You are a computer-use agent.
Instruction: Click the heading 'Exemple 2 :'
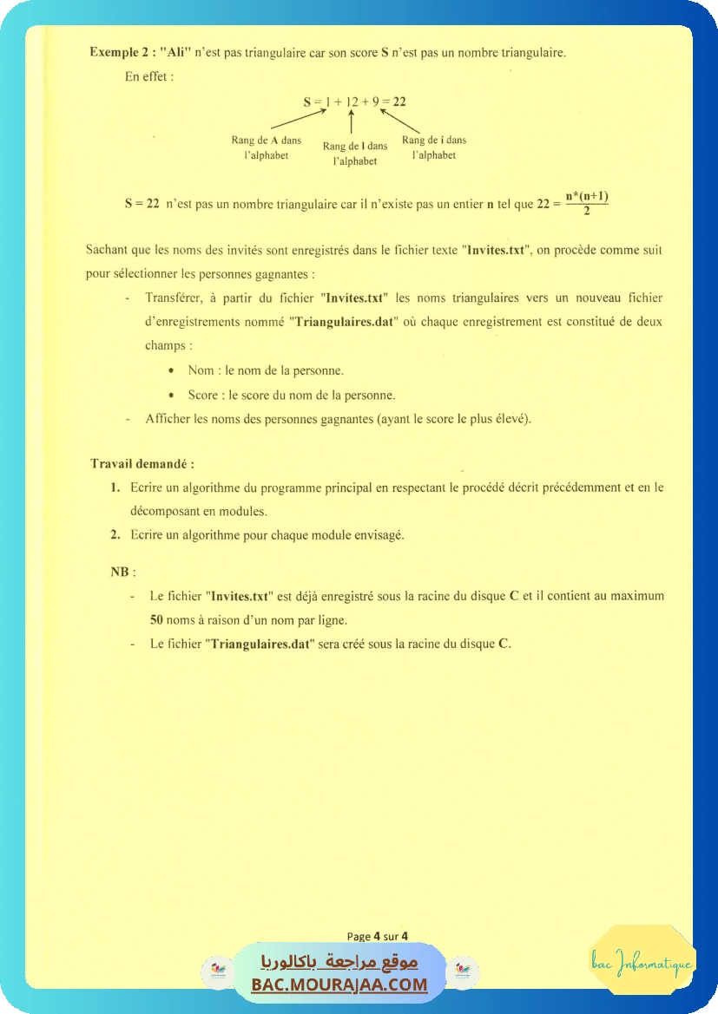pyautogui.click(x=122, y=52)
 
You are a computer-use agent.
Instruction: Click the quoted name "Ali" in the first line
pyautogui.click(x=175, y=52)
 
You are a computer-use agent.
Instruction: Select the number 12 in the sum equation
pyautogui.click(x=352, y=101)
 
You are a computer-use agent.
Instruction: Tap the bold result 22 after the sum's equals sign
pyautogui.click(x=399, y=101)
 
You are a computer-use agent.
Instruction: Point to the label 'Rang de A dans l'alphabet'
pyautogui.click(x=266, y=147)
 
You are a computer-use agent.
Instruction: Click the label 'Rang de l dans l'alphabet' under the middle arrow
pyautogui.click(x=355, y=154)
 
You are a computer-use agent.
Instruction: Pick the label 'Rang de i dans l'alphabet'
pyautogui.click(x=434, y=147)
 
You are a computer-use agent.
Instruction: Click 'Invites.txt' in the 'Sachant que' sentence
pyautogui.click(x=497, y=250)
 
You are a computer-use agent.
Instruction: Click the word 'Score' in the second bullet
pyautogui.click(x=203, y=395)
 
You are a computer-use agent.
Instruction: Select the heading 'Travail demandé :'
pyautogui.click(x=142, y=463)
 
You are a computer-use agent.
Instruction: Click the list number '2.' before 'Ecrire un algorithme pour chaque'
pyautogui.click(x=115, y=534)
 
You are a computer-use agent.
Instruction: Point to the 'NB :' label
pyautogui.click(x=122, y=572)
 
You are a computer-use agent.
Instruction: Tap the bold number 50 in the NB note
pyautogui.click(x=156, y=620)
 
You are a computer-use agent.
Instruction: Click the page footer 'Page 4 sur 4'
pyautogui.click(x=378, y=936)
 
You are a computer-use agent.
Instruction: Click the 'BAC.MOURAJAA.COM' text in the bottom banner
pyautogui.click(x=339, y=985)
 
